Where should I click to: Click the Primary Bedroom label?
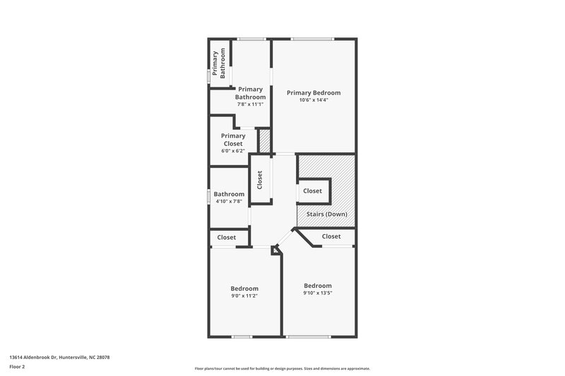tap(313, 92)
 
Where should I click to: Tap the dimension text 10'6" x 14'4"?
tap(313, 100)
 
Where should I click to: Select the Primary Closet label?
tap(233, 140)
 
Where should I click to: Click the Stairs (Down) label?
tap(326, 214)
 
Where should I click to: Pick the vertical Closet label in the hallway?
tap(260, 181)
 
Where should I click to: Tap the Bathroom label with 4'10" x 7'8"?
tap(229, 194)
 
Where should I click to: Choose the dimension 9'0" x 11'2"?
tap(244, 296)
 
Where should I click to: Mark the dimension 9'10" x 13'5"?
tap(318, 293)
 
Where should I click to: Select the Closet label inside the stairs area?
tap(312, 191)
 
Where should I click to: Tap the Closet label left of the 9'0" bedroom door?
tap(227, 238)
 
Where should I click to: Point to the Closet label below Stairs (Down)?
tap(331, 237)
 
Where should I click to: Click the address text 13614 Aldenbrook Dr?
tap(59, 358)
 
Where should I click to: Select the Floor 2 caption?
tap(18, 367)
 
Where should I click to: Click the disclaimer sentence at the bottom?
tap(282, 368)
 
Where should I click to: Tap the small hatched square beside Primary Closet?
tap(265, 140)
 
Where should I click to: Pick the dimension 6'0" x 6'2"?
tap(233, 151)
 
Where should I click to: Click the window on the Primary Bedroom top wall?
tap(314, 39)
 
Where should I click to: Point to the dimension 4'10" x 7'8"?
tap(229, 202)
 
